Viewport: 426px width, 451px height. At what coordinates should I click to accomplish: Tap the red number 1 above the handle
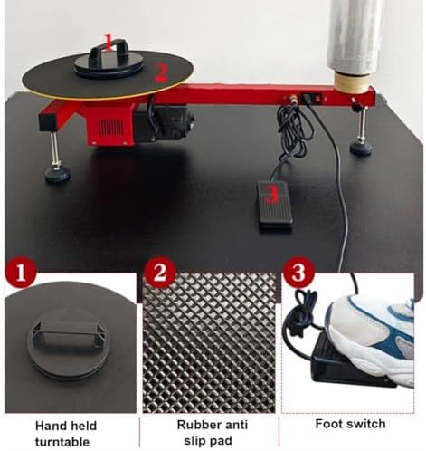tap(109, 41)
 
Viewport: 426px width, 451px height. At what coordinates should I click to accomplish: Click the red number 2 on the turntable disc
tap(160, 76)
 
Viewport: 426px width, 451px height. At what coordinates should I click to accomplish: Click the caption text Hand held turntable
tap(70, 431)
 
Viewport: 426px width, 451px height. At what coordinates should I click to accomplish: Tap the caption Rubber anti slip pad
tap(211, 431)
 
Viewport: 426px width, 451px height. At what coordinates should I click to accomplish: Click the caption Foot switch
tap(350, 424)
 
